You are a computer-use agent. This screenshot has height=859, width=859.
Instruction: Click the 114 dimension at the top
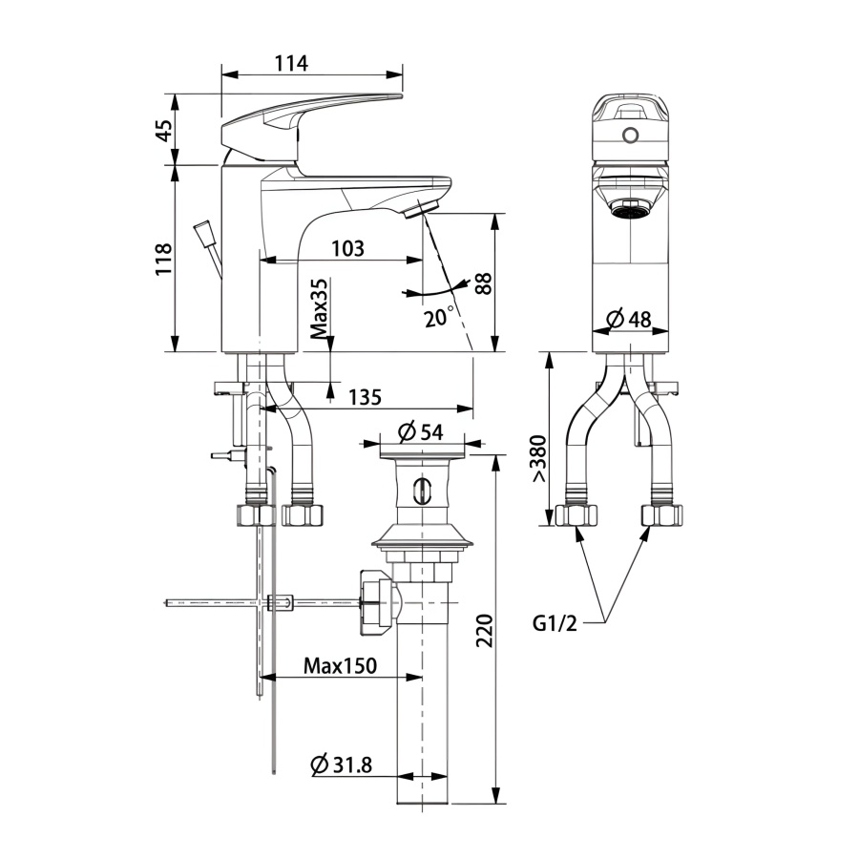(x=291, y=64)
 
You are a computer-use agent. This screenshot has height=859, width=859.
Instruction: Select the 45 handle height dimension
(x=164, y=129)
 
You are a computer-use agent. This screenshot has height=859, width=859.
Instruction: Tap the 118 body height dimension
(x=164, y=259)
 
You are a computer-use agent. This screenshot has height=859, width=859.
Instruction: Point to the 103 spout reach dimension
(x=347, y=249)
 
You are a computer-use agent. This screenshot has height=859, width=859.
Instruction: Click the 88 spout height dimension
(x=484, y=283)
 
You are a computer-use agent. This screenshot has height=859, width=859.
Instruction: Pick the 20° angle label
(x=439, y=316)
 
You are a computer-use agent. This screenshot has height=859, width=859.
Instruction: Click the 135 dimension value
(x=365, y=397)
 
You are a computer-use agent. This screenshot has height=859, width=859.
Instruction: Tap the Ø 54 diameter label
(x=420, y=432)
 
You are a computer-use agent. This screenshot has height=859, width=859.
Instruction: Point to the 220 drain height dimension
(x=484, y=631)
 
